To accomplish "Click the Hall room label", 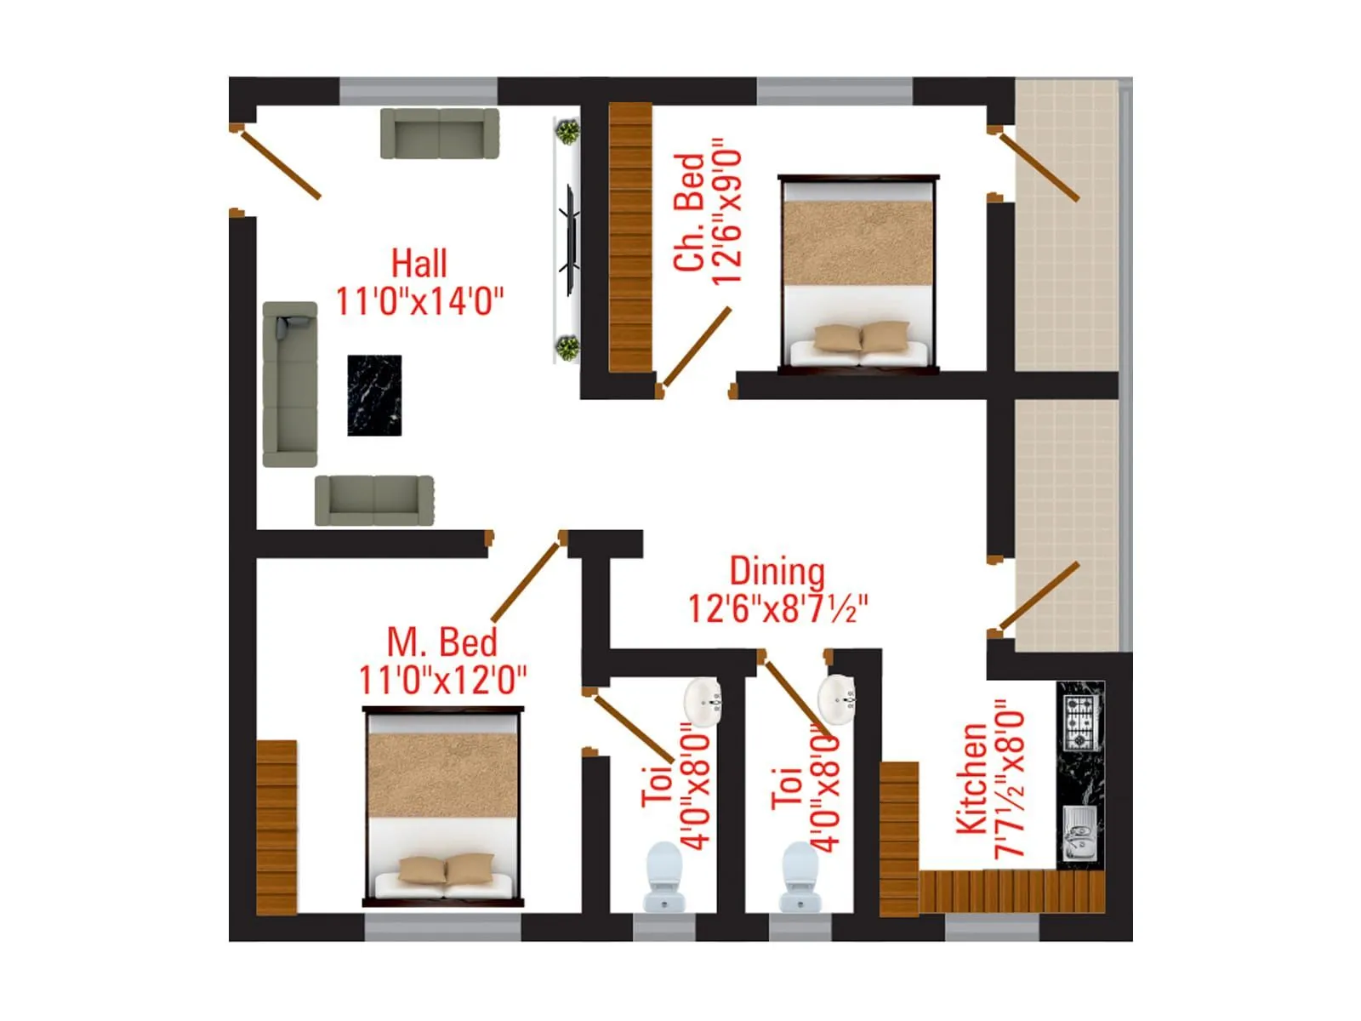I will click(419, 264).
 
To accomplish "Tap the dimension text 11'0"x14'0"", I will click(419, 301).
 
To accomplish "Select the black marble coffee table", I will click(374, 396).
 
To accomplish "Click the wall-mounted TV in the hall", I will click(569, 240).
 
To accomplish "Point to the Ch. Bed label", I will click(689, 213).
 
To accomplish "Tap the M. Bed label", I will click(441, 642).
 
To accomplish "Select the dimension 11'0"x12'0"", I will click(442, 680).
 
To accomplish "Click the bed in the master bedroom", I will click(443, 805).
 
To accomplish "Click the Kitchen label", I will click(971, 779).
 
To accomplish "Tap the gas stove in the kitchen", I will click(1079, 722).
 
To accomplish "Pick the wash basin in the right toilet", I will click(838, 698).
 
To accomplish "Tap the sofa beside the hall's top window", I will click(439, 133).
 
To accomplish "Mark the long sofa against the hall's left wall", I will click(289, 383).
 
